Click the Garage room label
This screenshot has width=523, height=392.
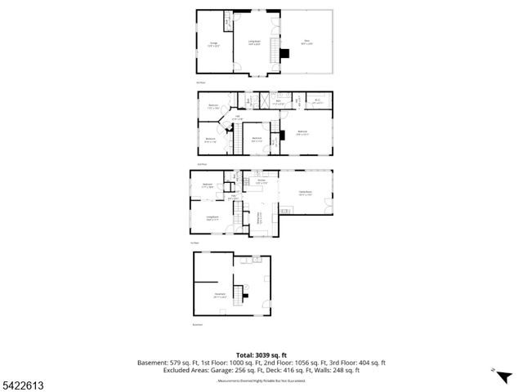pos(213,43)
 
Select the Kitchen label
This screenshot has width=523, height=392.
pos(261,182)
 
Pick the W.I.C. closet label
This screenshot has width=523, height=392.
pos(318,102)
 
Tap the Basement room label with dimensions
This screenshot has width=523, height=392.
pos(220,295)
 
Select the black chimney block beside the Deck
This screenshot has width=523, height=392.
pos(284,55)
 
